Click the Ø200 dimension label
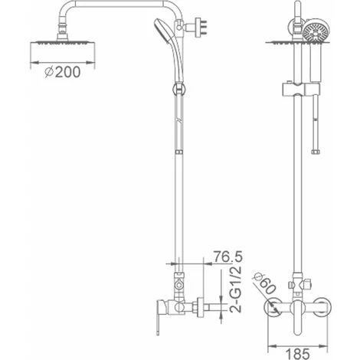pos(63,72)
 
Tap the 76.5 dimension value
pos(227,257)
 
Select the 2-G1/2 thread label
pos(235,290)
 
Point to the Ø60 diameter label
pos(264,284)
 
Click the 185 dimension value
pos(297,354)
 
